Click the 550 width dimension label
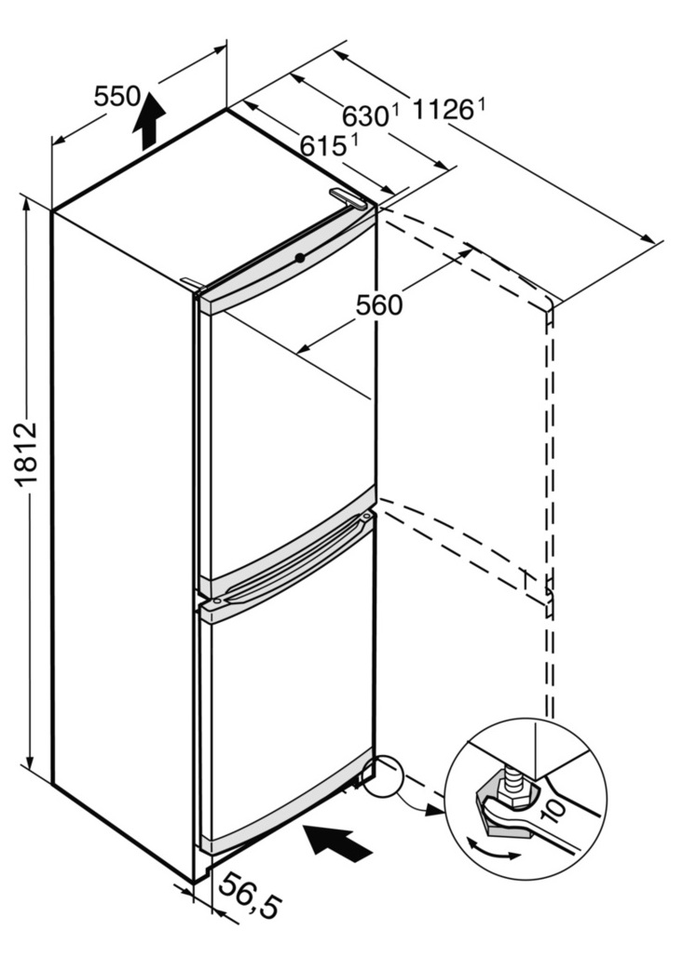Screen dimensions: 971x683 click(x=116, y=95)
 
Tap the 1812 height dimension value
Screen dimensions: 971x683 click(x=25, y=454)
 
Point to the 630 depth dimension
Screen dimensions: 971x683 click(x=364, y=116)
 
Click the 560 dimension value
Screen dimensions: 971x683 click(x=379, y=303)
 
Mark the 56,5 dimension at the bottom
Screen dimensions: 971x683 click(x=250, y=898)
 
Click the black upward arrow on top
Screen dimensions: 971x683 click(x=148, y=120)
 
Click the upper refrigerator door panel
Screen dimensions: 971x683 click(x=289, y=410)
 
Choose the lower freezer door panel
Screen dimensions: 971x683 click(x=289, y=708)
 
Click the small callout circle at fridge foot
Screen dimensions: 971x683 click(x=384, y=775)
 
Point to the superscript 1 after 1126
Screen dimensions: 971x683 click(x=482, y=104)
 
